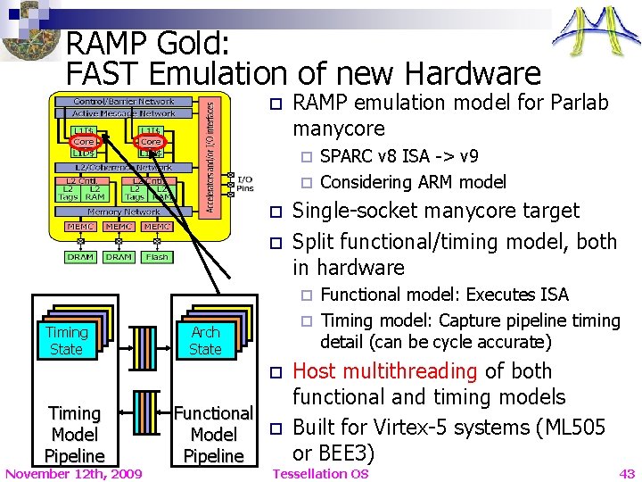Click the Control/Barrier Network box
pos(124,102)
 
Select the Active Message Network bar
pos(124,113)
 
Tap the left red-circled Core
pos(84,141)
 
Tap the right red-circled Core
pos(151,141)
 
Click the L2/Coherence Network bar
pos(124,168)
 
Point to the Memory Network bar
pos(124,212)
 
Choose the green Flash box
pos(157,257)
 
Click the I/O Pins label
pos(244,184)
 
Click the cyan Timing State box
pos(67,340)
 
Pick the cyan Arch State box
pos(205,340)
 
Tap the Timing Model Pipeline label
pos(75,435)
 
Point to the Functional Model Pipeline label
pos(214,435)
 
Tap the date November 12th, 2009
pos(73,473)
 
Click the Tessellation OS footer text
pos(320,473)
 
